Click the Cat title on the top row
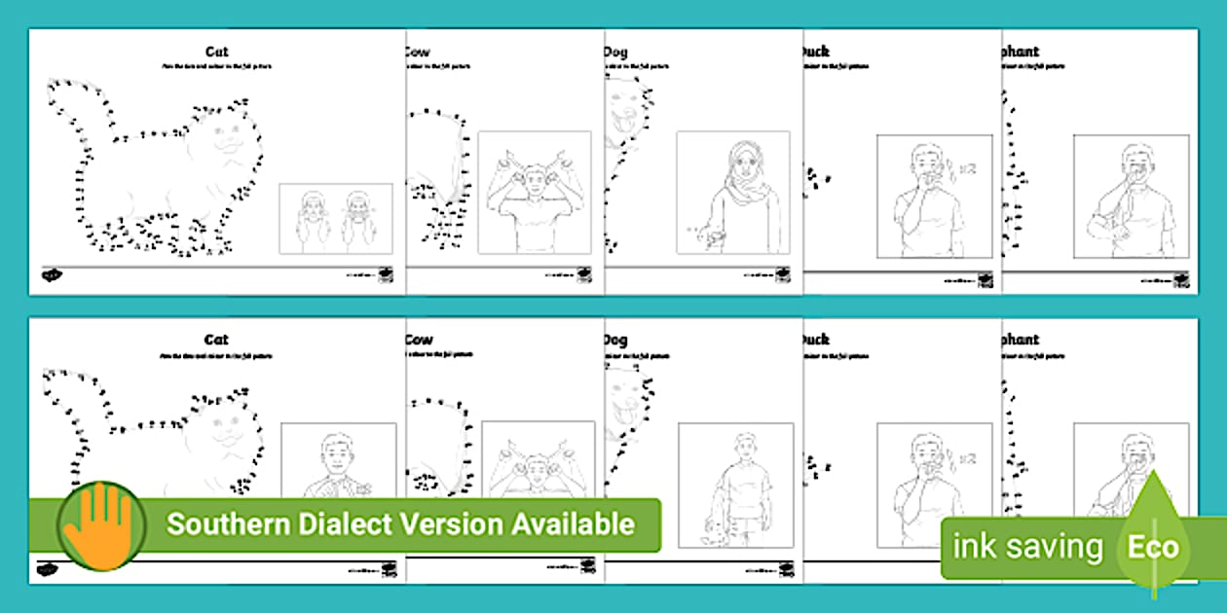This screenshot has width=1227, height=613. (x=215, y=52)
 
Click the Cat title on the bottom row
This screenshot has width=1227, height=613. (x=215, y=340)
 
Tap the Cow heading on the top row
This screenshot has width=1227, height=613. (x=419, y=52)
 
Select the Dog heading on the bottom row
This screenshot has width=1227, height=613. (x=615, y=340)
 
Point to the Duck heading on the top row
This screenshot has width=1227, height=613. (x=814, y=52)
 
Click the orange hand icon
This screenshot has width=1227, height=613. (x=100, y=524)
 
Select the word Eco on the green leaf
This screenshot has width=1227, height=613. (x=1153, y=547)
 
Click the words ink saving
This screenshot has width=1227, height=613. (x=1027, y=547)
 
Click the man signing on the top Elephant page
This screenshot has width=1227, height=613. (x=1130, y=199)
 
